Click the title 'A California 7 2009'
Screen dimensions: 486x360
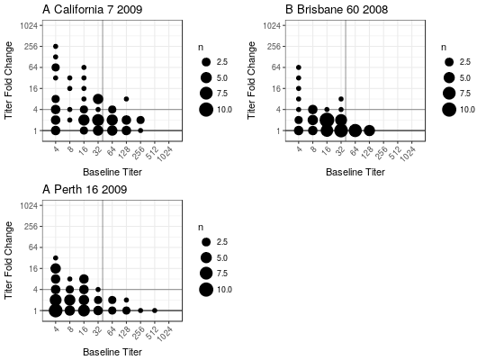pos(93,9)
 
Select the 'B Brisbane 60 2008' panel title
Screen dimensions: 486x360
pos(337,9)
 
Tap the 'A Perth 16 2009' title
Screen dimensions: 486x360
pos(85,189)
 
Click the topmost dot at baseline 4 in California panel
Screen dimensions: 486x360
pos(56,47)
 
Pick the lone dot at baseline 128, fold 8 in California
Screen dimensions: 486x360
pos(126,99)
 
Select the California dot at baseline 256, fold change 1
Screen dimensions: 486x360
pos(140,130)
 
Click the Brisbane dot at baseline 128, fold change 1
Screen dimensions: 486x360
pos(369,130)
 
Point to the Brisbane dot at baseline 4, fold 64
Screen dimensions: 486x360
pos(299,67)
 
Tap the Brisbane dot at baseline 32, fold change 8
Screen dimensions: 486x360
pos(341,99)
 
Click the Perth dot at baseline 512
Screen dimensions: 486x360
pos(155,310)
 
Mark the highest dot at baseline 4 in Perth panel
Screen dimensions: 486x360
pos(56,257)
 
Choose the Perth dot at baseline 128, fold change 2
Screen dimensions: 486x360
pos(126,300)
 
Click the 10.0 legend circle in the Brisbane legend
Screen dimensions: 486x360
pos(449,110)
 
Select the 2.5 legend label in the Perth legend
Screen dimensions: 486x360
pos(222,242)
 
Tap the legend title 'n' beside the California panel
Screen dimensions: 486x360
pos(201,48)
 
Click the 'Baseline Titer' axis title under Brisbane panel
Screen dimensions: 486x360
pos(355,172)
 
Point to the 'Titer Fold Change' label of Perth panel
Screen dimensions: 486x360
pos(9,260)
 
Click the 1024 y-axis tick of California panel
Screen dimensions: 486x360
pos(29,25)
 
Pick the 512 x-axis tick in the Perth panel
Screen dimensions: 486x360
pos(152,332)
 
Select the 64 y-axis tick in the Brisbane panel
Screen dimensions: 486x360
pos(276,67)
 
